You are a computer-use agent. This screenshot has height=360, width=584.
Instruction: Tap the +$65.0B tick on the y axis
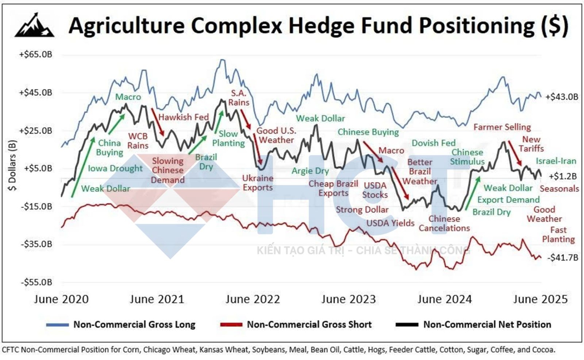36,55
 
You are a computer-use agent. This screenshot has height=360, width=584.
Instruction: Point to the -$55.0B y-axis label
36,282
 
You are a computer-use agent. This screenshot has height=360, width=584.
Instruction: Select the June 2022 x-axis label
253,299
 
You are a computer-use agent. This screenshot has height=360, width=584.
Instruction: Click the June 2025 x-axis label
540,299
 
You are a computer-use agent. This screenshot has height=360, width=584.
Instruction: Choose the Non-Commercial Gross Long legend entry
134,324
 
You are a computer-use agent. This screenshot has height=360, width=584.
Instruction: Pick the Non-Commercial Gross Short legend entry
309,324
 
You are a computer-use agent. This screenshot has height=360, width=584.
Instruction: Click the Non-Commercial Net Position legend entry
487,324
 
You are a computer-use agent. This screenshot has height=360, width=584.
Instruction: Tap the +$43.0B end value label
562,97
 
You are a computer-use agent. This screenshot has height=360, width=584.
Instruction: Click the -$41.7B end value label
562,258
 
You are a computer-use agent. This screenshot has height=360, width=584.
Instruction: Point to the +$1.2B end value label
563,177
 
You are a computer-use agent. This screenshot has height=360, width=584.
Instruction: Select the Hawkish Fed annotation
183,117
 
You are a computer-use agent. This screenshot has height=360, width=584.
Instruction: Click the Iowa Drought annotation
115,169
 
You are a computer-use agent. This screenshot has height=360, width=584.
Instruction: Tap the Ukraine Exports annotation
258,183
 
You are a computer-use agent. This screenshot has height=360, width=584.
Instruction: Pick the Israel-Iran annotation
556,161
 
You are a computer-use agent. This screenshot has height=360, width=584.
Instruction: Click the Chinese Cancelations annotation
444,223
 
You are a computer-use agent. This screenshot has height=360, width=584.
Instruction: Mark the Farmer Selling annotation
502,127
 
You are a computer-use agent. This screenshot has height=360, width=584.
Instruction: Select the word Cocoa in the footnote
544,349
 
